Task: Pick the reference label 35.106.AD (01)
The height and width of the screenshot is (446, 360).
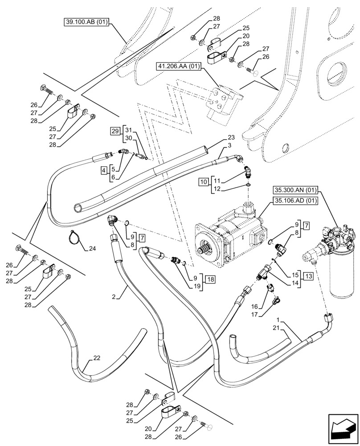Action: click(x=295, y=201)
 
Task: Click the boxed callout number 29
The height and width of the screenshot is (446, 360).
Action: click(x=115, y=131)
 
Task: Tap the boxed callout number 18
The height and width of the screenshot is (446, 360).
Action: click(x=210, y=280)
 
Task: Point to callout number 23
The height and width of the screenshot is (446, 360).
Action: click(x=231, y=138)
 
